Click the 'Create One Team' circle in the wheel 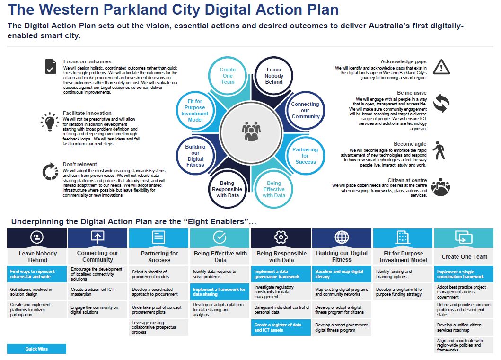pyautogui.click(x=228, y=76)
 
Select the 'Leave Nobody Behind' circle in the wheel pyautogui.click(x=274, y=76)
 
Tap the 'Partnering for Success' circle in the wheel pyautogui.click(x=306, y=156)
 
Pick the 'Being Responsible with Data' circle pyautogui.click(x=227, y=189)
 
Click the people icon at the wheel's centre pyautogui.click(x=251, y=131)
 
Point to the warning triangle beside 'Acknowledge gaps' pyautogui.click(x=441, y=67)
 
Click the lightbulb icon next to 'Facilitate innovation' pyautogui.click(x=50, y=122)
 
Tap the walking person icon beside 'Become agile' pyautogui.click(x=439, y=150)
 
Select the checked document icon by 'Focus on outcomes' pyautogui.click(x=51, y=66)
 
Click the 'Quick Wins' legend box pyautogui.click(x=36, y=349)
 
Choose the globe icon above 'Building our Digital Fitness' pyautogui.click(x=342, y=237)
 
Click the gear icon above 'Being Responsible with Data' pyautogui.click(x=281, y=237)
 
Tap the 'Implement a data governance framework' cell pyautogui.click(x=281, y=274)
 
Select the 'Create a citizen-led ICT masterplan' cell pyautogui.click(x=97, y=291)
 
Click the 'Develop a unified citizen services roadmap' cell pyautogui.click(x=464, y=327)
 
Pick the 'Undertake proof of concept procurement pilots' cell pyautogui.click(x=158, y=309)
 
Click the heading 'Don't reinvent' pyautogui.click(x=79, y=164)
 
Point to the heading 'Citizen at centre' pyautogui.click(x=407, y=180)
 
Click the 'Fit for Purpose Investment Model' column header pyautogui.click(x=403, y=256)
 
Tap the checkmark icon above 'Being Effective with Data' pyautogui.click(x=220, y=237)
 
